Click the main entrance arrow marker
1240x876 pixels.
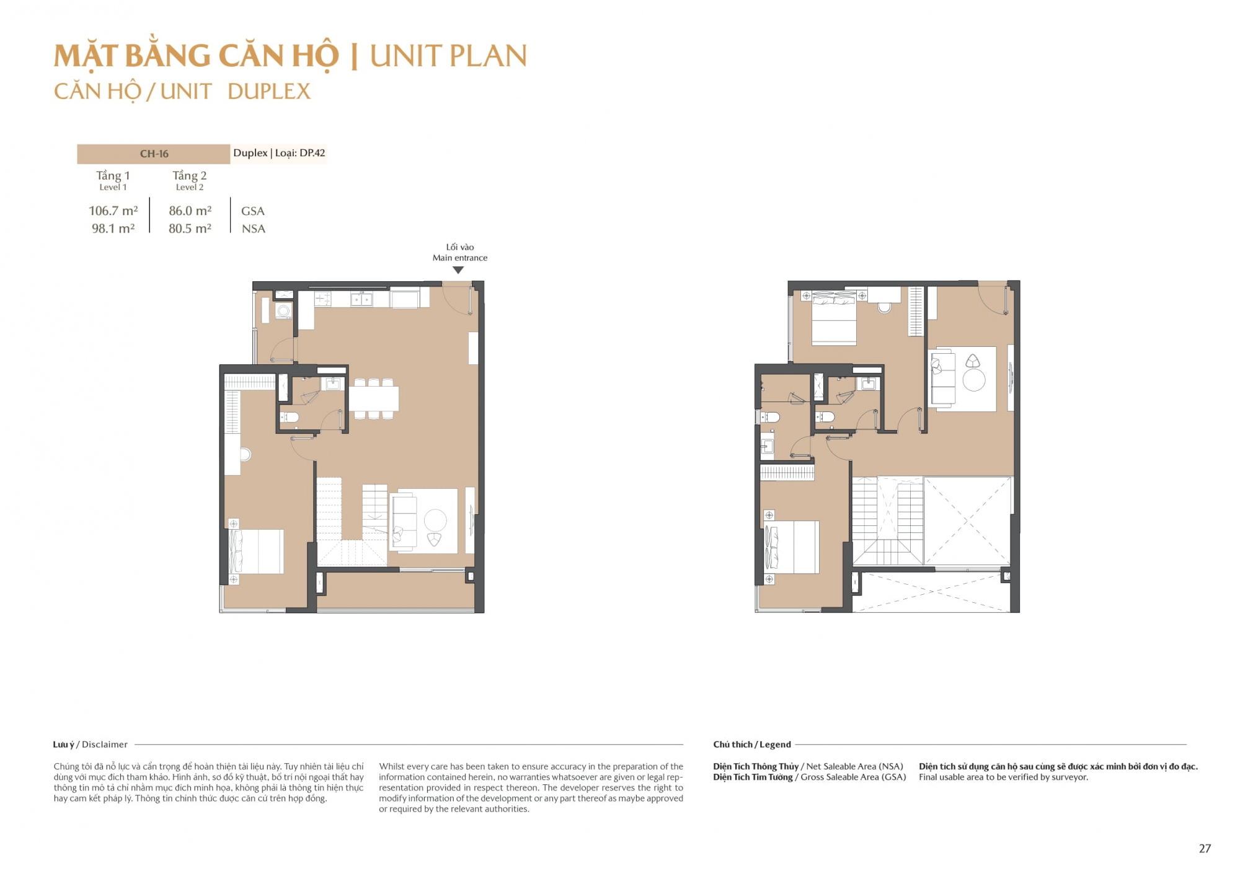pos(458,270)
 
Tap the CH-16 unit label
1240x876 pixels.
pos(154,154)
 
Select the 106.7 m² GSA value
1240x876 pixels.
pos(113,211)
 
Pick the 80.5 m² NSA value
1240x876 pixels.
pos(190,229)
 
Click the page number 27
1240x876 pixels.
pos(1205,849)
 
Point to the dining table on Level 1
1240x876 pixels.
pos(374,399)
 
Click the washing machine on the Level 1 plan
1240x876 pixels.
pos(283,310)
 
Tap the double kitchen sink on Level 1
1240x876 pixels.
pos(361,300)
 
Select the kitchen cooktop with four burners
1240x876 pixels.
pos(322,300)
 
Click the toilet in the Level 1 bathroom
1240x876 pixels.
pos(289,418)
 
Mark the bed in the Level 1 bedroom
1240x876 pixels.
pos(256,551)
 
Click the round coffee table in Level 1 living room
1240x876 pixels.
pos(435,520)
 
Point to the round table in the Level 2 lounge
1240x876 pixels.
pos(974,380)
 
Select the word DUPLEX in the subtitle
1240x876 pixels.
pos(269,92)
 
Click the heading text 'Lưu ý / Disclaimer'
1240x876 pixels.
pos(91,745)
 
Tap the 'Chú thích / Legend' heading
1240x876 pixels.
pos(752,745)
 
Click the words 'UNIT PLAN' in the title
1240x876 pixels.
pos(448,56)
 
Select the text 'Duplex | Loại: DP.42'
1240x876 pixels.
pos(279,153)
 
